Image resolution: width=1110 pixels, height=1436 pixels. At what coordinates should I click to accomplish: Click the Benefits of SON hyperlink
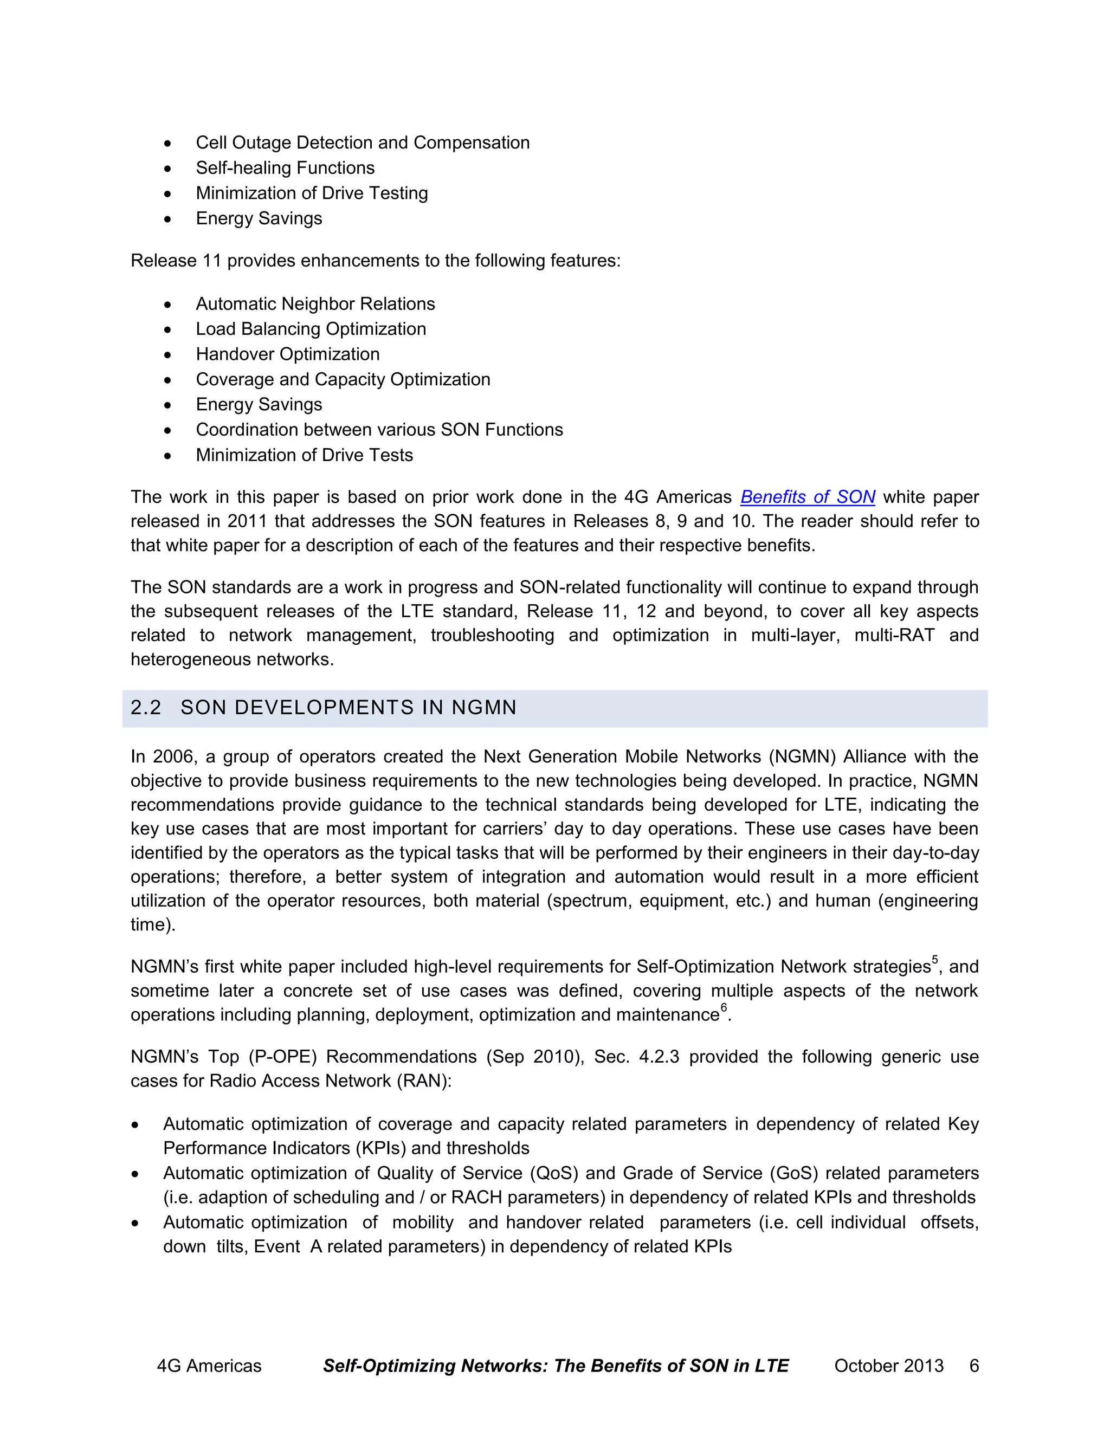coord(807,497)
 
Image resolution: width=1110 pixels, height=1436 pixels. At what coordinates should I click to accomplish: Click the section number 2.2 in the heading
coord(145,708)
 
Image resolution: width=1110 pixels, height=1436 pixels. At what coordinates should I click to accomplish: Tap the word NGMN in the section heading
coord(483,708)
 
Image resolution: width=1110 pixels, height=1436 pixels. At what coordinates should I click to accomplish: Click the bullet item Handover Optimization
coord(287,354)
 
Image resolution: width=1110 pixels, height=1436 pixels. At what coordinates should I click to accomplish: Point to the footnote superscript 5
coord(935,960)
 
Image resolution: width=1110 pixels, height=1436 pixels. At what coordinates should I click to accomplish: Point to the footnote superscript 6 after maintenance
coord(724,1008)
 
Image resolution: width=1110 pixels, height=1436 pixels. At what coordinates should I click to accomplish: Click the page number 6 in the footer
coord(974,1366)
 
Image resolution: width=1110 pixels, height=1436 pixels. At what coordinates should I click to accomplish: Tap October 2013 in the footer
coord(888,1366)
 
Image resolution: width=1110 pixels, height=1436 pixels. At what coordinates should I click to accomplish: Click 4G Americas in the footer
coord(209,1366)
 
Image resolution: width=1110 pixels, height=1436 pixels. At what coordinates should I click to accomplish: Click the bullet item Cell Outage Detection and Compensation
coord(363,143)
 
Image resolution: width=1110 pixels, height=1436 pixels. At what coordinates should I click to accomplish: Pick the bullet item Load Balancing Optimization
coord(311,329)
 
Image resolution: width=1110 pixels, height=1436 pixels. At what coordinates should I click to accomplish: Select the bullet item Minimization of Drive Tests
coord(304,455)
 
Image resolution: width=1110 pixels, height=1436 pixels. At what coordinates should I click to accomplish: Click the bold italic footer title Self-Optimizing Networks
coord(435,1366)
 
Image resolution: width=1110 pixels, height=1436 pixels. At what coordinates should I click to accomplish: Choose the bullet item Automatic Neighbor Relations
coord(315,304)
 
